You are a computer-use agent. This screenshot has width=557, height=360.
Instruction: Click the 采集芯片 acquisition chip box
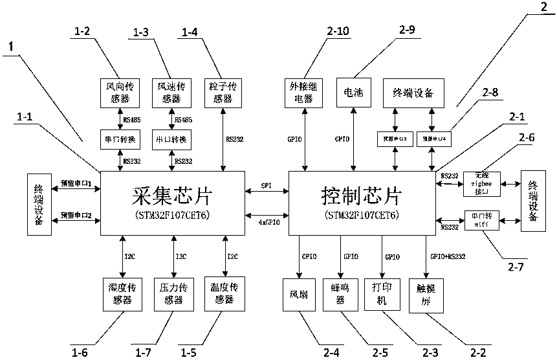(172, 203)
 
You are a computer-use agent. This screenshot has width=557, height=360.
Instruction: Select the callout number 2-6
(528, 137)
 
